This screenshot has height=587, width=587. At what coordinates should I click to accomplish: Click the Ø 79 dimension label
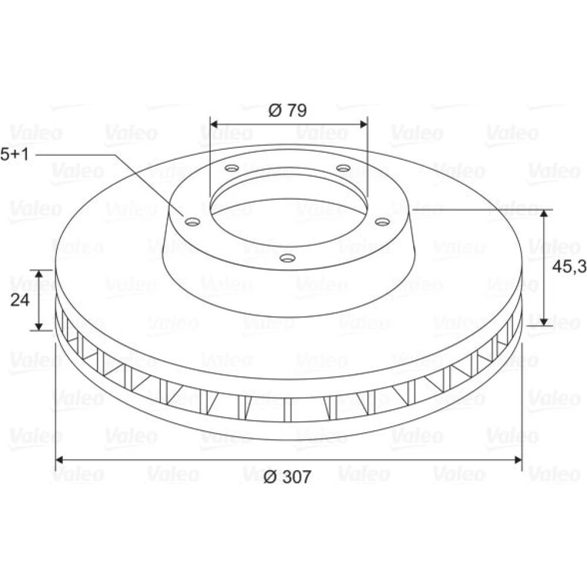[x=288, y=110]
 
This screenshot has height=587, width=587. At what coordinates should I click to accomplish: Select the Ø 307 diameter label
[x=287, y=477]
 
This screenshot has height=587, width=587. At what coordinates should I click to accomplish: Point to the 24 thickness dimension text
[x=19, y=300]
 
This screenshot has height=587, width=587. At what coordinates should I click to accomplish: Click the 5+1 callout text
[x=14, y=154]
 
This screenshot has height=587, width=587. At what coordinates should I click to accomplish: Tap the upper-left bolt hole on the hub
[x=232, y=168]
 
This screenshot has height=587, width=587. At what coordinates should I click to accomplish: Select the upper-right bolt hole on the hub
[x=343, y=168]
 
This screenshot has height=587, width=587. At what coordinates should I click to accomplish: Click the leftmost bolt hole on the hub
[x=193, y=222]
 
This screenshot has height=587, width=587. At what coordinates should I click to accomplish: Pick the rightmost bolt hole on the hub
[x=383, y=222]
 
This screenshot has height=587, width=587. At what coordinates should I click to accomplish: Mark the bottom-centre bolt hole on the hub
[x=288, y=258]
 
